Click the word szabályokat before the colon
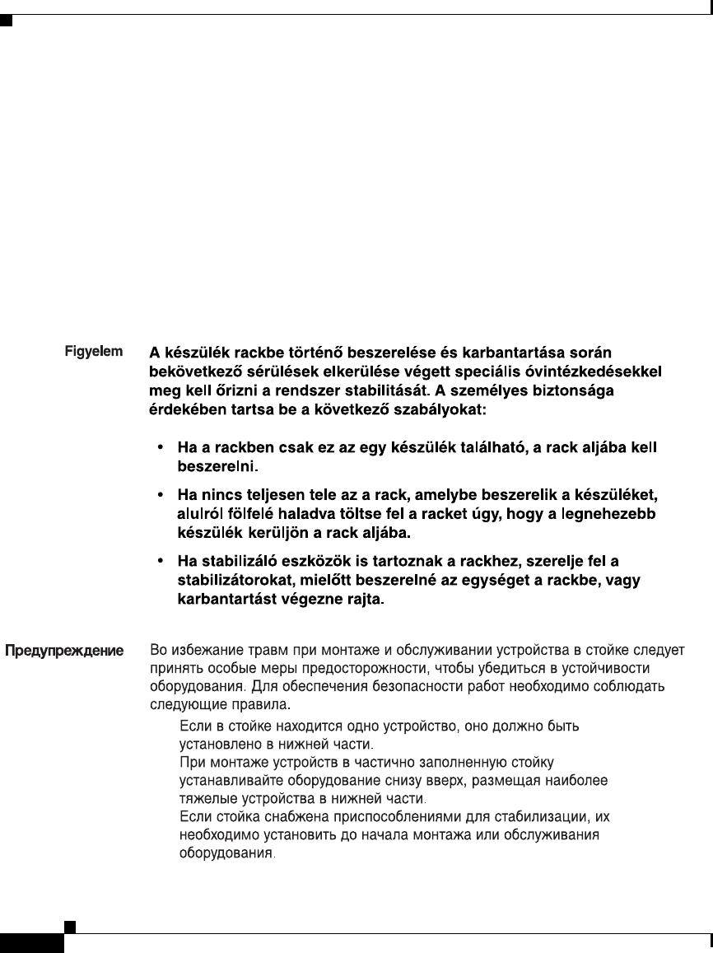445,407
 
